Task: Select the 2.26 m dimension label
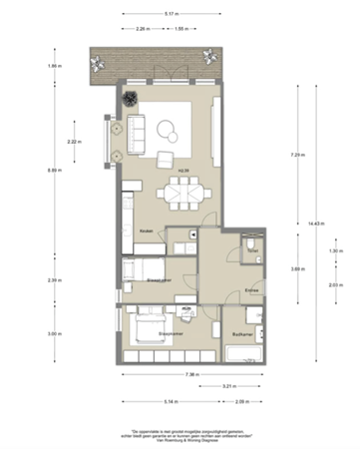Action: click(143, 29)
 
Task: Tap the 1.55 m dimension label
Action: click(181, 29)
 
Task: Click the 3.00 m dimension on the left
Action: click(53, 334)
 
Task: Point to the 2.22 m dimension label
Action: click(73, 142)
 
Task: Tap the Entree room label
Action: click(251, 290)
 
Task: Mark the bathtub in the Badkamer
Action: click(245, 353)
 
